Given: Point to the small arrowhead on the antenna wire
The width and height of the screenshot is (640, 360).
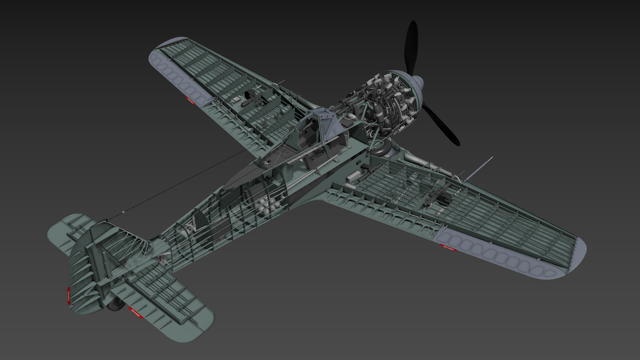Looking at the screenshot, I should click(123, 212).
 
